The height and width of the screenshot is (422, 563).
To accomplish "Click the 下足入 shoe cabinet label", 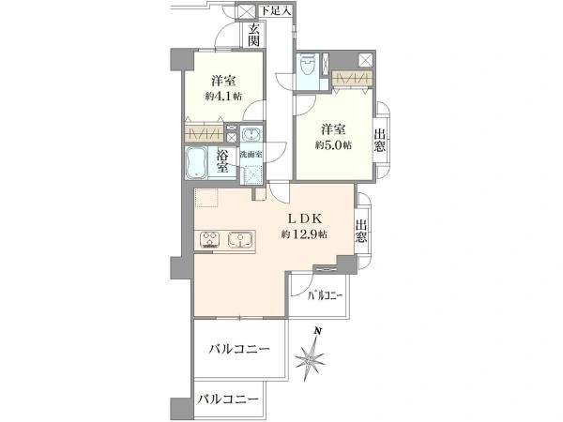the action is point(275,10).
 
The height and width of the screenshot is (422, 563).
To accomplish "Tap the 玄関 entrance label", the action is point(254,35).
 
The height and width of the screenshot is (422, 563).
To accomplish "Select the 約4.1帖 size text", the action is point(223,97).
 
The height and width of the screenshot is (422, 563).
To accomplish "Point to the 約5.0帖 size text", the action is point(333,145).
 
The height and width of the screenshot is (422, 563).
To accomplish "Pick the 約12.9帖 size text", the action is point(304,234).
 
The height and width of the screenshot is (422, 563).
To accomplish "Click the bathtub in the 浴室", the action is point(196,163).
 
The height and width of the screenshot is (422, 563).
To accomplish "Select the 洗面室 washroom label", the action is point(251,155).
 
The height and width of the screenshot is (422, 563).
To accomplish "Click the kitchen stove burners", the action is point(210,239).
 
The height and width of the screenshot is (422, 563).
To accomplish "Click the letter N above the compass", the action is point(317,331).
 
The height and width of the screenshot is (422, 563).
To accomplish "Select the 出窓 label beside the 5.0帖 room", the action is point(380,140).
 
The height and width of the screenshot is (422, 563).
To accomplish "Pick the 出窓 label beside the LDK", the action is point(361,231).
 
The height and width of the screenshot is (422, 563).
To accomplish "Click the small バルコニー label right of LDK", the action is point(326,296).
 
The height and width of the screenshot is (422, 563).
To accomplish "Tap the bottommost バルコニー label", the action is point(228,399).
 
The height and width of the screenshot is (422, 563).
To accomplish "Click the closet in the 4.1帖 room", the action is point(204,133).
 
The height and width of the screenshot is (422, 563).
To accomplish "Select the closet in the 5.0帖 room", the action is point(352,78).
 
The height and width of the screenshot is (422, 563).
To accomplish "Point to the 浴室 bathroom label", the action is point(222,161).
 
